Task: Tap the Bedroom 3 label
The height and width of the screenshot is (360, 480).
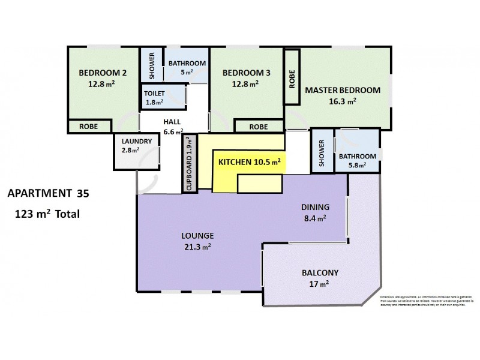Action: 247,73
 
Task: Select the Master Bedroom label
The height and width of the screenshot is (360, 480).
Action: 343,91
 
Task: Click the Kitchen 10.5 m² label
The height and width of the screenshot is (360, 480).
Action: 249,162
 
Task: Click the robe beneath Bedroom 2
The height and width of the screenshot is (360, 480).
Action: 89,127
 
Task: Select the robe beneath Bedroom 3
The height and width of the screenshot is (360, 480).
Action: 258,127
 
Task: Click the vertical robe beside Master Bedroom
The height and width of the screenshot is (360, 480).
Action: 292,77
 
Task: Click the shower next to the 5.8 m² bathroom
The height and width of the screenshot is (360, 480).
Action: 322,153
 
